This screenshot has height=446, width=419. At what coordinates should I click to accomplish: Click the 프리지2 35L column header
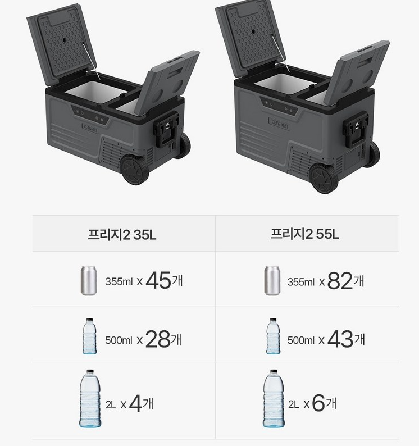point(122,235)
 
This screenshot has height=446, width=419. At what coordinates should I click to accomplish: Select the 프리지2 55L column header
point(304,234)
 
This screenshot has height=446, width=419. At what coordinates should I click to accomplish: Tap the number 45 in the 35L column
point(158,280)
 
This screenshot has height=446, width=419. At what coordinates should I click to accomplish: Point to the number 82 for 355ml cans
point(340,281)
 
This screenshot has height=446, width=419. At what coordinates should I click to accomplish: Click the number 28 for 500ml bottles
point(158,339)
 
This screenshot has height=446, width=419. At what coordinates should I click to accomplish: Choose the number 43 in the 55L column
point(340,339)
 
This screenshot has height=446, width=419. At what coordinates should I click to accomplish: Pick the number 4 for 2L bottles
point(136,404)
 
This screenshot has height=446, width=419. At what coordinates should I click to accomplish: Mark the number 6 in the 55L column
point(318,403)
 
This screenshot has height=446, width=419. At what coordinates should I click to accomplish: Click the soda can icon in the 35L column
point(89,281)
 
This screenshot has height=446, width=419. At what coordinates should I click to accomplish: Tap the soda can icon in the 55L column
point(272,281)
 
